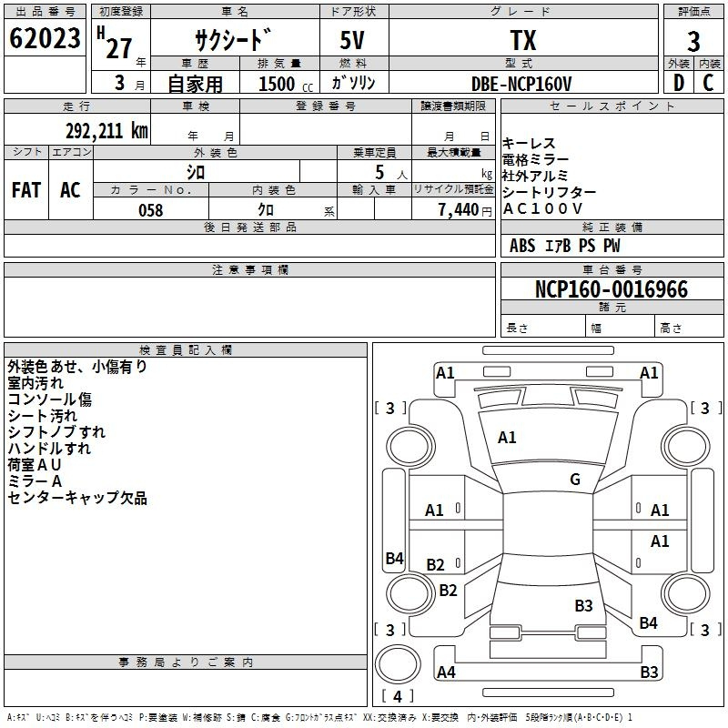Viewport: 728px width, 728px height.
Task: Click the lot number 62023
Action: tap(45, 40)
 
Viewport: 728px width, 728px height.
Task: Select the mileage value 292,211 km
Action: tap(106, 130)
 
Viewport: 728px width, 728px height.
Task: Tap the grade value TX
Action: tap(523, 41)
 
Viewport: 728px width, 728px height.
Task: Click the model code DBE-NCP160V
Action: tap(522, 83)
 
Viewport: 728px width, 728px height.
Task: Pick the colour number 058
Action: tap(150, 210)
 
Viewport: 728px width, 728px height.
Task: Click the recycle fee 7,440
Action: tap(458, 210)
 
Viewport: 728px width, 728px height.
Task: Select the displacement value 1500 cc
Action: tap(280, 84)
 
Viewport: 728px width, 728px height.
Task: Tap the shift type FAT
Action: tap(25, 190)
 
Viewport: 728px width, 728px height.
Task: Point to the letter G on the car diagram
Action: tap(575, 480)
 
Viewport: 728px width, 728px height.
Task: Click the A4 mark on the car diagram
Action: tap(446, 672)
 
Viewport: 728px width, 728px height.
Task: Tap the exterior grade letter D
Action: tap(678, 83)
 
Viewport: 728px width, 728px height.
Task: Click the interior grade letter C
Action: tap(708, 83)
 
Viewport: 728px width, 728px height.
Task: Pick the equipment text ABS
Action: tap(522, 246)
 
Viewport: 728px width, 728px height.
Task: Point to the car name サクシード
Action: tap(233, 41)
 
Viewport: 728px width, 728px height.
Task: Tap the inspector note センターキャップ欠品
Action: tap(77, 498)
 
